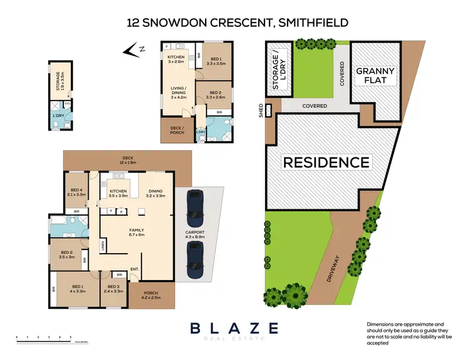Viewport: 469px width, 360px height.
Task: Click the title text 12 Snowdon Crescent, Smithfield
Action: click(234, 23)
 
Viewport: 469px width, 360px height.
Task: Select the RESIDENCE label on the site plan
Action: click(326, 163)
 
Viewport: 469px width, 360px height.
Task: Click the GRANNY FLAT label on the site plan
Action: click(375, 76)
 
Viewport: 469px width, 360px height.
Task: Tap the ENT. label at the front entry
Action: click(134, 270)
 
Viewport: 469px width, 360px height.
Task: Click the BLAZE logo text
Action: click(234, 327)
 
